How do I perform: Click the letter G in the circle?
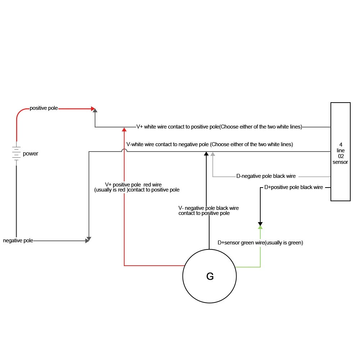click(210, 276)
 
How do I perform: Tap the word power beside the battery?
click(31, 154)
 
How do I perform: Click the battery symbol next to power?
click(16, 153)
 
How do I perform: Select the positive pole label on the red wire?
click(44, 108)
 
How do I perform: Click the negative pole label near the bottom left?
click(18, 240)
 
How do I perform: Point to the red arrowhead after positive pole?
click(93, 108)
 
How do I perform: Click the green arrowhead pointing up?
click(260, 227)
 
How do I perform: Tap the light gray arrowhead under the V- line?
click(213, 154)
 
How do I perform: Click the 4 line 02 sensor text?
click(340, 153)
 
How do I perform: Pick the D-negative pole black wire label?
click(266, 176)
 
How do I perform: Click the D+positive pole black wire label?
click(293, 187)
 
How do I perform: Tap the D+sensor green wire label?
click(260, 243)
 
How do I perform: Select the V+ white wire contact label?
click(219, 127)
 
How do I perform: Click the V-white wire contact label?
click(210, 144)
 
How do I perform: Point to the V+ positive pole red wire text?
click(136, 187)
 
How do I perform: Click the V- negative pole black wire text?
click(208, 211)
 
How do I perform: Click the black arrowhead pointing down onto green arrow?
click(260, 223)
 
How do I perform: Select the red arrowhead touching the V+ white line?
click(124, 129)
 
